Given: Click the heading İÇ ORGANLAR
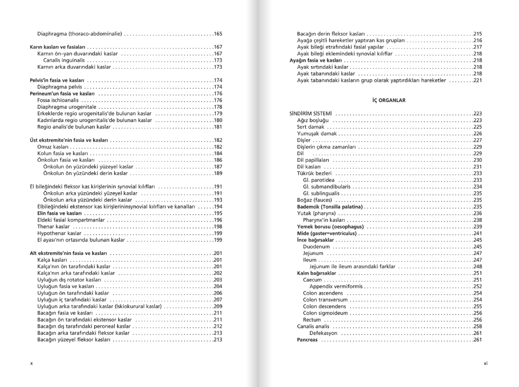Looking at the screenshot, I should [x=388, y=100].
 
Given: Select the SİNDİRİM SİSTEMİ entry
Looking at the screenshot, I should [x=311, y=113].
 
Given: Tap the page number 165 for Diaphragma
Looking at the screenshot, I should [x=218, y=34].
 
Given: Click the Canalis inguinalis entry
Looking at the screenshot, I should [x=64, y=60].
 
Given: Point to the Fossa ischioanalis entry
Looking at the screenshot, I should [x=58, y=100].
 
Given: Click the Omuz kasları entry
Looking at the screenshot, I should [x=53, y=147].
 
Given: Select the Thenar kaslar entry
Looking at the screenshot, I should [x=54, y=226].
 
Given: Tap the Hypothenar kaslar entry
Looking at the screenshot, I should [x=59, y=233].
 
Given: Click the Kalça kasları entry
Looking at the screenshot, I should [x=53, y=260].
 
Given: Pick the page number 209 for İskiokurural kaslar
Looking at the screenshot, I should [x=218, y=306].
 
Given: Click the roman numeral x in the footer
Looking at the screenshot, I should [x=32, y=364].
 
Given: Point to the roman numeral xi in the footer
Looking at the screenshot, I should [x=486, y=364].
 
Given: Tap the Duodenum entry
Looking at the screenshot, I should [x=316, y=247].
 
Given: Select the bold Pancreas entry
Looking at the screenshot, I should [x=307, y=340].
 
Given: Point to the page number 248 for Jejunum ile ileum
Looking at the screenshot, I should [x=477, y=266].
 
